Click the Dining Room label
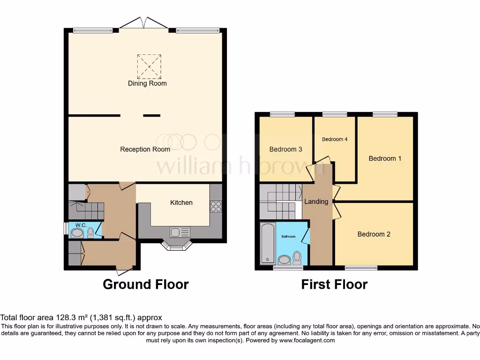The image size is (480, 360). pos(147,83)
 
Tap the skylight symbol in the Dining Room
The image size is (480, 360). pos(149,66)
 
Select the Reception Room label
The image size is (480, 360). pos(145,150)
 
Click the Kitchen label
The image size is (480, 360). pos(181,202)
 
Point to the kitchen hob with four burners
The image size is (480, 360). pos(216,206)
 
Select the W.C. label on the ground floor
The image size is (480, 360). pos(75,225)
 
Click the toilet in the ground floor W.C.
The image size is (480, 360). pos(90,232)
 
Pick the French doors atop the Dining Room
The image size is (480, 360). pos(144,23)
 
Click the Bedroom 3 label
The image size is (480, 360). pos(285,150)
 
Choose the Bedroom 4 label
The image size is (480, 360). pos(335,139)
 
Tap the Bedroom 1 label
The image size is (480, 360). pos(385,158)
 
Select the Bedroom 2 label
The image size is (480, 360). pos(374,234)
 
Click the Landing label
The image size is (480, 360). pos(316,202)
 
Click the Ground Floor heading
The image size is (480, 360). pos(145,284)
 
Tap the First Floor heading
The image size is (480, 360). pos(334,284)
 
